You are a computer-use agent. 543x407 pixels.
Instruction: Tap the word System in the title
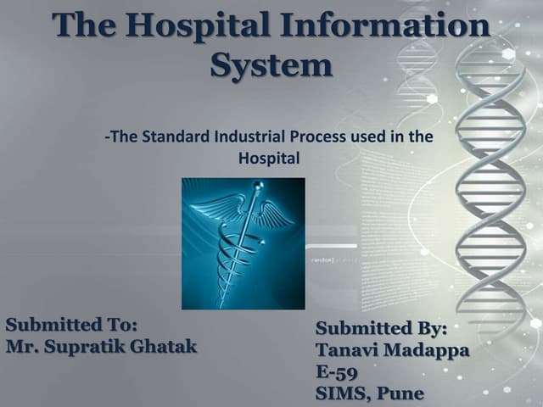tap(271, 64)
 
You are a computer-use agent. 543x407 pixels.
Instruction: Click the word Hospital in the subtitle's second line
tap(269, 157)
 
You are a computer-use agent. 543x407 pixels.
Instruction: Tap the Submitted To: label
tap(71, 325)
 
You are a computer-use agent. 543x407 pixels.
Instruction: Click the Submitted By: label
tap(381, 328)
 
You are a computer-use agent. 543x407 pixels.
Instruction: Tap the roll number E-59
tap(336, 372)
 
